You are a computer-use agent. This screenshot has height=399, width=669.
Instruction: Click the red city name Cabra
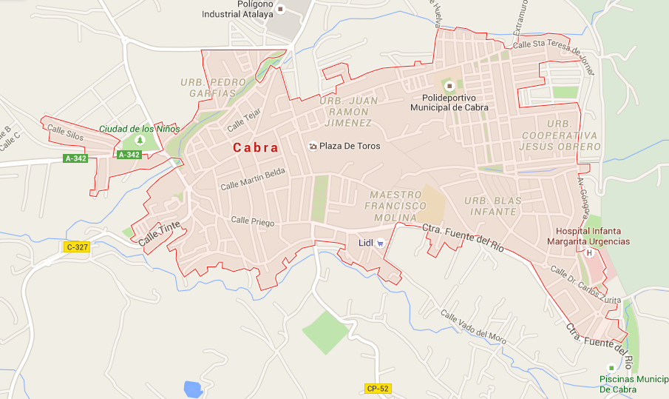pos(256,147)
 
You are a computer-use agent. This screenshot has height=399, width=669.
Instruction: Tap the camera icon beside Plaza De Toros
pos(313,146)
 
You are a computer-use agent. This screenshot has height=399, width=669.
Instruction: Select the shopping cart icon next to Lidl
pos(380,242)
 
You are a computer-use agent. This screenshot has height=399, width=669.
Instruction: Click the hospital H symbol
pos(589,252)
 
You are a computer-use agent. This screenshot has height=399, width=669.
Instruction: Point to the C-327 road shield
pos(77,247)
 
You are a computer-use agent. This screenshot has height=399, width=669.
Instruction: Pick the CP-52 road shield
pos(377,388)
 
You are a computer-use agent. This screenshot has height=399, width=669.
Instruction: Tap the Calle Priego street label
pos(252,221)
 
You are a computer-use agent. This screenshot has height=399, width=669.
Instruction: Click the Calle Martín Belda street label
pos(253,180)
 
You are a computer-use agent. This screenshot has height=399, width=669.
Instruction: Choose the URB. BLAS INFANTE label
pos(493,206)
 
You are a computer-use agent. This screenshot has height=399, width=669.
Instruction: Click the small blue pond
pos(192,389)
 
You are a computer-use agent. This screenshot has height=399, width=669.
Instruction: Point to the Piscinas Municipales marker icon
pos(611,368)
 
